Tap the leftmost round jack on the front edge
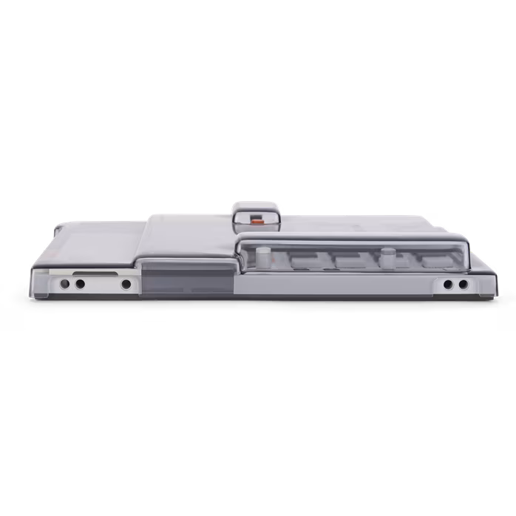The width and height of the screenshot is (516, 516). click(x=65, y=284)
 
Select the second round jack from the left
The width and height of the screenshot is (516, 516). click(x=79, y=284)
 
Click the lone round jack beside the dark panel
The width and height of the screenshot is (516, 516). click(x=126, y=284)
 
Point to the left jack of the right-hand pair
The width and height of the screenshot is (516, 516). click(x=449, y=285)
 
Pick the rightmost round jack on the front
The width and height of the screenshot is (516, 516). click(x=463, y=285)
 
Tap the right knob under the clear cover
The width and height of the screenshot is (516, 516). click(x=386, y=259)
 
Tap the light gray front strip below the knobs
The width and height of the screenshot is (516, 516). click(x=333, y=285)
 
